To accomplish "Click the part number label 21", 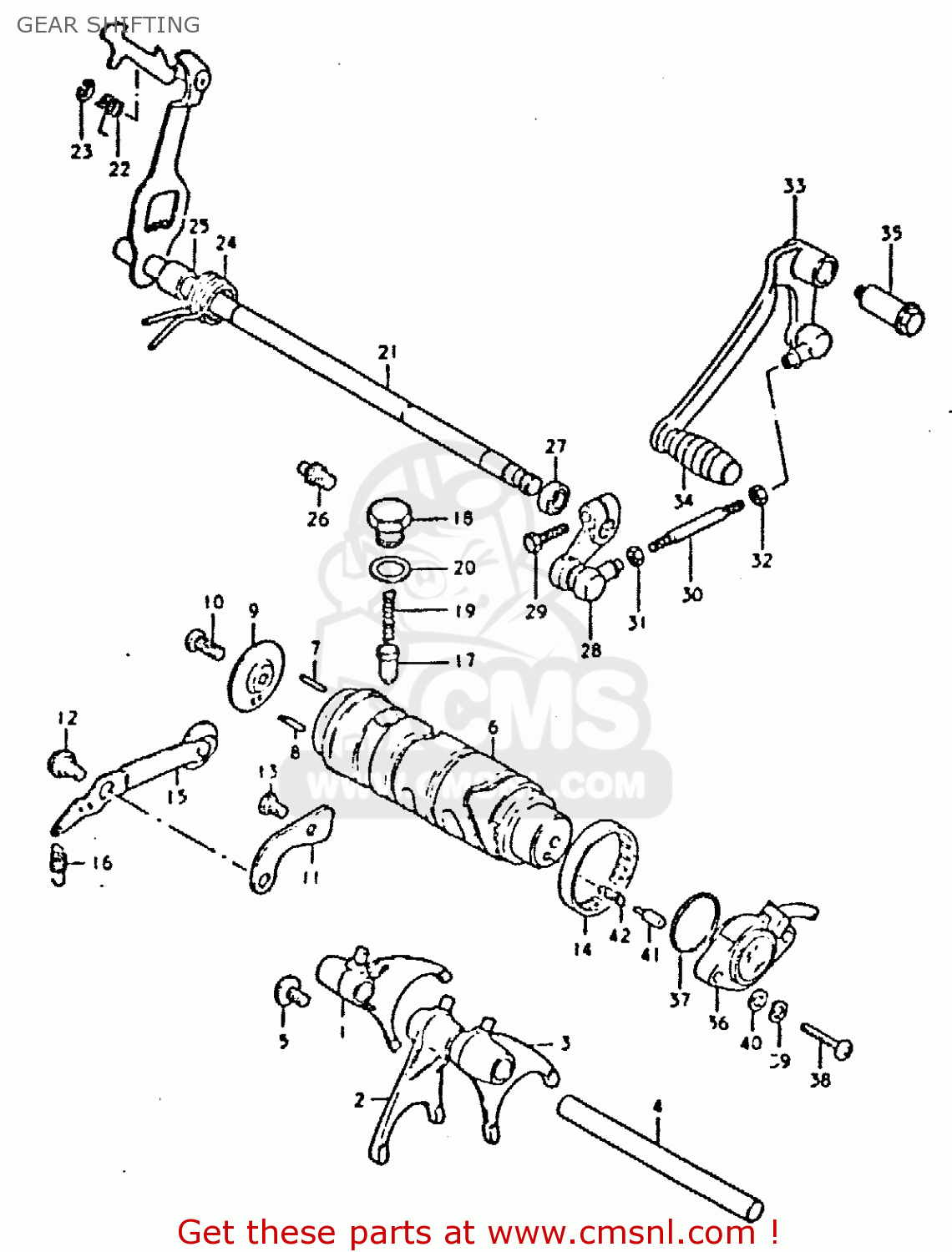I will [x=387, y=352].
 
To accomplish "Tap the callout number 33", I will [x=794, y=185].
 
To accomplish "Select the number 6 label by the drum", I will [x=493, y=728].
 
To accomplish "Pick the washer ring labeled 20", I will [x=389, y=569].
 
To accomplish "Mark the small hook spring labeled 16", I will [x=57, y=863].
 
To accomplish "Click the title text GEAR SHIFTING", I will [x=108, y=25].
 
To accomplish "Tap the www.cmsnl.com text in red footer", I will [x=621, y=1233].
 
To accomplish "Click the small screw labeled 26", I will [x=316, y=476].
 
